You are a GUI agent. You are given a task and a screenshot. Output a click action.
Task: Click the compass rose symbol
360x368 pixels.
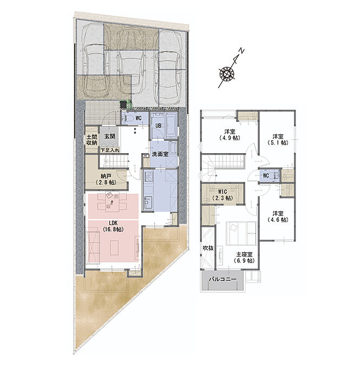pyautogui.click(x=227, y=74)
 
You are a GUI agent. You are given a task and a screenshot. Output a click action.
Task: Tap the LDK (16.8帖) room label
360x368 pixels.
pyautogui.click(x=113, y=226)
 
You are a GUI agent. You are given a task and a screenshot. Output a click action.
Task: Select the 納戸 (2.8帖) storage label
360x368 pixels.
pyautogui.click(x=106, y=179)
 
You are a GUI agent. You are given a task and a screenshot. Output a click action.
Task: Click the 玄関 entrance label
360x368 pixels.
pyautogui.click(x=110, y=136)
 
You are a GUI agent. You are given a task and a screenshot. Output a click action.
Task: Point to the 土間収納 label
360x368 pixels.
pyautogui.click(x=91, y=140)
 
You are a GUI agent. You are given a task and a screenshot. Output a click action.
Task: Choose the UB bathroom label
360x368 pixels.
pyautogui.click(x=158, y=126)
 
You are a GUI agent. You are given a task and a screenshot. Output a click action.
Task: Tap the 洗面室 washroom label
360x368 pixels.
pyautogui.click(x=160, y=154)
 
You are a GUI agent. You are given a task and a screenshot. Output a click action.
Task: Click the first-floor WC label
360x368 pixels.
pyautogui.click(x=139, y=118)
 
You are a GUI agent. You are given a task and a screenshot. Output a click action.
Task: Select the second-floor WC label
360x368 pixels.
pyautogui.click(x=266, y=175)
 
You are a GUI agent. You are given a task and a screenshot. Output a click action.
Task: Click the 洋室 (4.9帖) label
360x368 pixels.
pyautogui.click(x=230, y=135)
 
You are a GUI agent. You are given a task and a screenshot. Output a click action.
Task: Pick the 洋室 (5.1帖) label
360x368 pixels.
pyautogui.click(x=278, y=140)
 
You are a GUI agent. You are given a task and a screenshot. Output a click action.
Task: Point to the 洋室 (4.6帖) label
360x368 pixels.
pyautogui.click(x=278, y=216)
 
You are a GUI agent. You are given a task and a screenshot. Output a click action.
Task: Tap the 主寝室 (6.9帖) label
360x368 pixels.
pyautogui.click(x=244, y=258)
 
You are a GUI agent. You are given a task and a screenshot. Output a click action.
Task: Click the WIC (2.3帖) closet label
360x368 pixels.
pyautogui.click(x=222, y=195)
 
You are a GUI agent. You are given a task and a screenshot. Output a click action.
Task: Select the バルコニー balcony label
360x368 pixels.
pyautogui.click(x=222, y=279)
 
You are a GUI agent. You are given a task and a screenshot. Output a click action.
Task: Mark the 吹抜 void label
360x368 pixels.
pyautogui.click(x=208, y=248)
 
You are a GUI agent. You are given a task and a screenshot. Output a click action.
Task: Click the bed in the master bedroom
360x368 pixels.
pyautogui.click(x=241, y=233)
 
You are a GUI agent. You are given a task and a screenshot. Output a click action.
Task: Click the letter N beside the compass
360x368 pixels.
pyautogui.click(x=241, y=51)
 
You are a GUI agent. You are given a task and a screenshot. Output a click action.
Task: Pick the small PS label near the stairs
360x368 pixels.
pyautogui.click(x=146, y=156)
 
